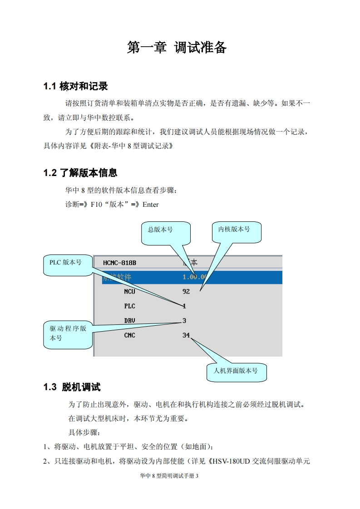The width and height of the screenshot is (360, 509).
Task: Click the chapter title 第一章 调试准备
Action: tap(177, 48)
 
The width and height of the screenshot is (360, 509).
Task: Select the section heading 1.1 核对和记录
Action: tap(75, 86)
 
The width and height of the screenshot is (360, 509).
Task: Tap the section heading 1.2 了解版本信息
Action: tap(80, 172)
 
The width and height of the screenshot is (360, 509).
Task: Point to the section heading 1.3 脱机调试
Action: tap(72, 387)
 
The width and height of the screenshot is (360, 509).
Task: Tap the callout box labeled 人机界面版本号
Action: tap(236, 371)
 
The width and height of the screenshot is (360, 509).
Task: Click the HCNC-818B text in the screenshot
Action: tap(120, 263)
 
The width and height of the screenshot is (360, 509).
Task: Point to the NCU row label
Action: tap(129, 291)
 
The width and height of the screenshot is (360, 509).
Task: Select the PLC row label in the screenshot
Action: tap(129, 306)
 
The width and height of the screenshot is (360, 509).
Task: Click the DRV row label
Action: tap(129, 320)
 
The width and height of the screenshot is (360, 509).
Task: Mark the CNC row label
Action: tap(129, 335)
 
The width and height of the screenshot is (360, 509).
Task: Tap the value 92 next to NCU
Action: tap(186, 291)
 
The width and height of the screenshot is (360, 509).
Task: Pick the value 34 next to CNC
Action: tap(186, 335)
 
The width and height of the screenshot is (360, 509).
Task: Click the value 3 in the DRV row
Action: tap(184, 320)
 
